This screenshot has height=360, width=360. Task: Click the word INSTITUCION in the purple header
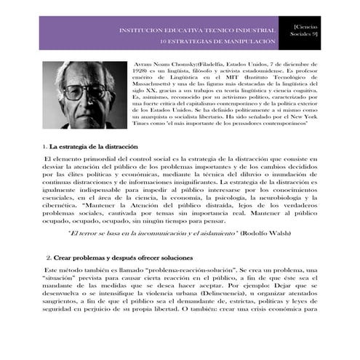point(142,31)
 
